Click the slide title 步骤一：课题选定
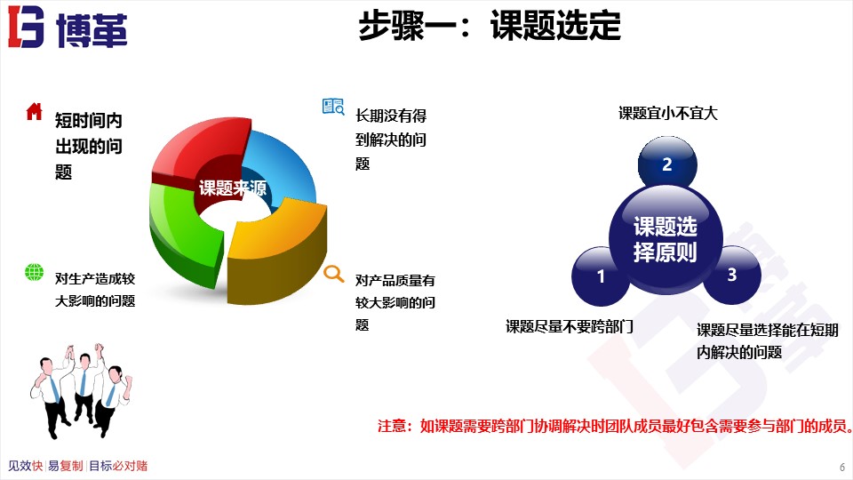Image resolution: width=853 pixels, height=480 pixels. click(x=489, y=27)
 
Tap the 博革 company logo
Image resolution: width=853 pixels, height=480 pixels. click(x=68, y=28)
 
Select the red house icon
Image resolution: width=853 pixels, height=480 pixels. click(x=34, y=111)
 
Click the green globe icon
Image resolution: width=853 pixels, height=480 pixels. click(x=34, y=273)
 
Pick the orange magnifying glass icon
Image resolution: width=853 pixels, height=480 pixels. click(x=333, y=274)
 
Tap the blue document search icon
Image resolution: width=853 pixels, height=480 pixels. click(x=332, y=107)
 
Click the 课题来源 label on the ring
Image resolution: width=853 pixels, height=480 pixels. click(x=232, y=188)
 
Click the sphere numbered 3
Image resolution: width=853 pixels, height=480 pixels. click(x=731, y=275)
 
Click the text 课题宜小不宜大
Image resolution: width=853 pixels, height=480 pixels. click(x=667, y=114)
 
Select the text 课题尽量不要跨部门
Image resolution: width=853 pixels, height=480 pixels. click(x=569, y=326)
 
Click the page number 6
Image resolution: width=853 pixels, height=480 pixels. click(x=841, y=467)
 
